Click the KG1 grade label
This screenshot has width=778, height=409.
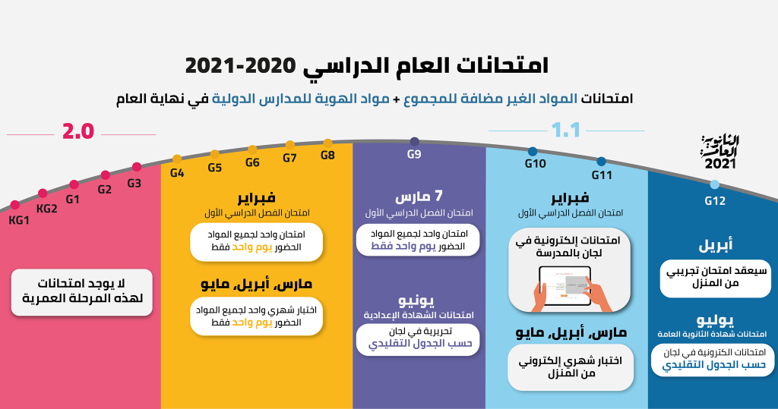coord(19,221)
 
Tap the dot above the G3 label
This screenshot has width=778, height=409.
coord(137,167)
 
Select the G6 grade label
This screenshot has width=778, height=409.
coord(252,162)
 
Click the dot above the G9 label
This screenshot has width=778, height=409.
coord(415,142)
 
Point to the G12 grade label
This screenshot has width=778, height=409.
coord(715,201)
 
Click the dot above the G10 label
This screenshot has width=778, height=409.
coord(533,151)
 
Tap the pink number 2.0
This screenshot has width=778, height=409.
coord(78,131)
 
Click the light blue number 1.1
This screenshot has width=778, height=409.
coord(565,131)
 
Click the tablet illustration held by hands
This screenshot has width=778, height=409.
coord(565,287)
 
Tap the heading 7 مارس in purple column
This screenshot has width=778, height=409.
coord(419,197)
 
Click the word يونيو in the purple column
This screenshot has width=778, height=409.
coord(416,300)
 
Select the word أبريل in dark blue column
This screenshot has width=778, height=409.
coord(716,245)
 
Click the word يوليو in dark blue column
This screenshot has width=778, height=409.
coord(715,319)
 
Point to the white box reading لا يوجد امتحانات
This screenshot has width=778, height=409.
coord(82,292)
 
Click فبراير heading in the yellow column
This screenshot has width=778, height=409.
coord(257,198)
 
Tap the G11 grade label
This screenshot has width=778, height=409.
coord(602,175)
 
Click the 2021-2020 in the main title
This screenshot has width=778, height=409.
coord(241,66)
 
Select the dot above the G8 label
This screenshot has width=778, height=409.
coord(327,143)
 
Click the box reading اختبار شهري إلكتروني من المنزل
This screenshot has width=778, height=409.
coord(571,367)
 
